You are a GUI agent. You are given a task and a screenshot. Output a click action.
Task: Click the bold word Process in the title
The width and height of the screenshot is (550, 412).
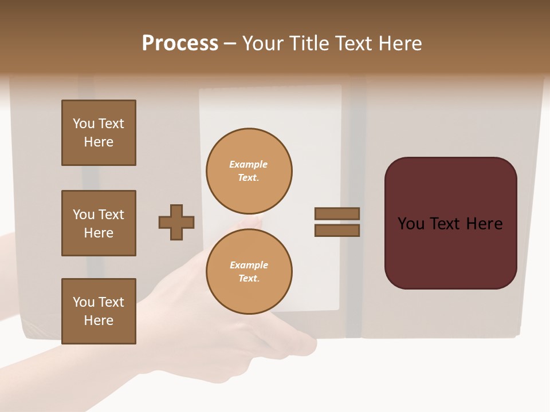tap(180, 43)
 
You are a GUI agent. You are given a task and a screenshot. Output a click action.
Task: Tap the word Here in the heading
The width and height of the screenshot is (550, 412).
tap(399, 43)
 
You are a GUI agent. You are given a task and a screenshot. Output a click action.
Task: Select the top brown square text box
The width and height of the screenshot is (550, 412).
tap(99, 133)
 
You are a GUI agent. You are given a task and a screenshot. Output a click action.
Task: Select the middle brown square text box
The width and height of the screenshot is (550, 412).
tap(99, 223)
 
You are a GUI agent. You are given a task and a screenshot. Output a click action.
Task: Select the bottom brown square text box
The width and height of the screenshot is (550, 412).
tap(99, 311)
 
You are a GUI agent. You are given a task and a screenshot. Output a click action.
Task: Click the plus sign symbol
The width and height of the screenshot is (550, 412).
tap(176, 222)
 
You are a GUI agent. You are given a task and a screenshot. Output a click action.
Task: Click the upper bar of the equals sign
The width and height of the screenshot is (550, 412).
tap(337, 213)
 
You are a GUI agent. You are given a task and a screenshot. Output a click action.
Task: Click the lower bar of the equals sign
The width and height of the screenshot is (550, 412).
tap(337, 230)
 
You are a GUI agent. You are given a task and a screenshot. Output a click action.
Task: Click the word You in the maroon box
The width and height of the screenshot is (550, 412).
tap(411, 224)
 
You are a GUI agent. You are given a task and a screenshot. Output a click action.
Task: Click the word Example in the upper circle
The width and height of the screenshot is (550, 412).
tap(248, 164)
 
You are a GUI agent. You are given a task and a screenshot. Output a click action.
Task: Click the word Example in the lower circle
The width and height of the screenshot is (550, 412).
tap(249, 265)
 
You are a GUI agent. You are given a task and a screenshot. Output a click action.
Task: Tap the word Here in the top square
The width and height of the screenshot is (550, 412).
tap(99, 142)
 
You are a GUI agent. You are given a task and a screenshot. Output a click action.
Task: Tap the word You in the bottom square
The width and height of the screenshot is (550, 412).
tap(84, 302)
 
